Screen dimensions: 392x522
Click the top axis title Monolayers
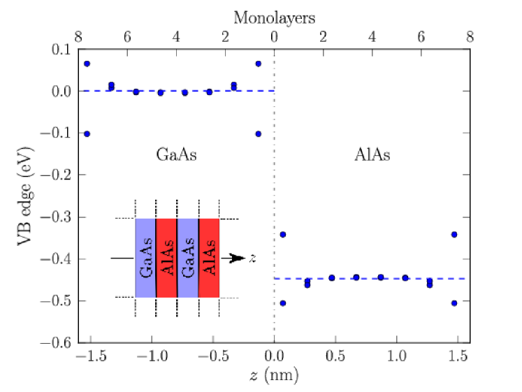click(x=274, y=17)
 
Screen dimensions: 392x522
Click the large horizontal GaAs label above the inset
click(x=176, y=155)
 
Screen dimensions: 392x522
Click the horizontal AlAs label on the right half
click(x=372, y=155)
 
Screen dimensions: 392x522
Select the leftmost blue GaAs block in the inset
click(x=145, y=258)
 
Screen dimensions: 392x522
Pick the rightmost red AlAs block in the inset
click(x=209, y=258)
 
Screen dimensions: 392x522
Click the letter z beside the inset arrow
click(x=252, y=259)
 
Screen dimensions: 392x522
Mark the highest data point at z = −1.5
click(x=87, y=64)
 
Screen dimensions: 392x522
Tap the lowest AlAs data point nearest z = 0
click(x=283, y=303)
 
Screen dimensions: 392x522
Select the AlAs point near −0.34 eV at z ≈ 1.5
click(x=454, y=234)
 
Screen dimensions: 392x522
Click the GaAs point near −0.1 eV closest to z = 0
click(x=259, y=133)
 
